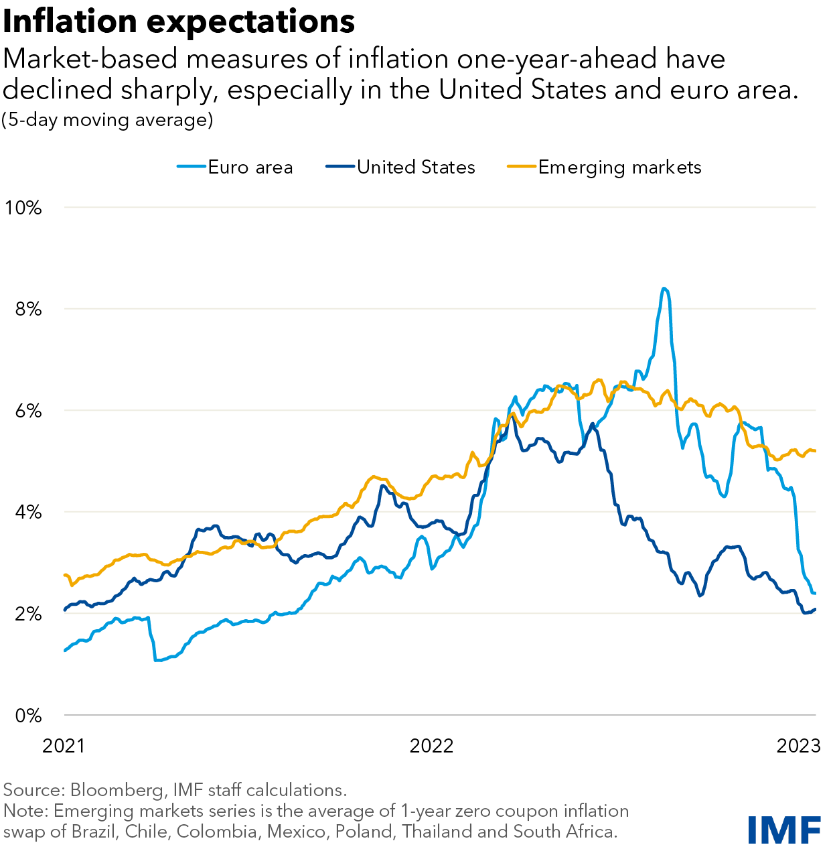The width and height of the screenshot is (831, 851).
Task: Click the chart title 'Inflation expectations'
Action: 179,21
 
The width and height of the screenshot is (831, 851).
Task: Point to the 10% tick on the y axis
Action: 23,208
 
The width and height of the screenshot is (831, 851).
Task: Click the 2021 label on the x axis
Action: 64,746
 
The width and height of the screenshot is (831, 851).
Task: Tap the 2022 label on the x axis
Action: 431,746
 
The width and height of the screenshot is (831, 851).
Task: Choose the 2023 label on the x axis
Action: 798,746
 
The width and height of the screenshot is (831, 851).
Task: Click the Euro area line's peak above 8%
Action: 664,289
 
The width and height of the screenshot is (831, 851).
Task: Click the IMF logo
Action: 784,830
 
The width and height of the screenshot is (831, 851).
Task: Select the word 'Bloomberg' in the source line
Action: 117,790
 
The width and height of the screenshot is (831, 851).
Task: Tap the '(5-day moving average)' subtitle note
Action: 107,120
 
